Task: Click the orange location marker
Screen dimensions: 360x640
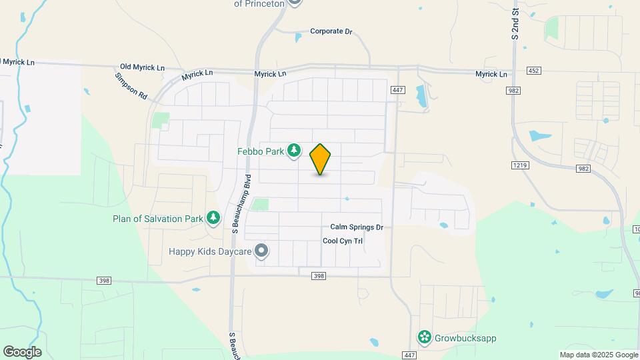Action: coord(321,159)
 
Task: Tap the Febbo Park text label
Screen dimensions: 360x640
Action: coord(261,151)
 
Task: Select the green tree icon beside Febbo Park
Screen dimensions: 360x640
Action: coord(294,151)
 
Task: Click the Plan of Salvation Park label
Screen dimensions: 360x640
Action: coord(157,218)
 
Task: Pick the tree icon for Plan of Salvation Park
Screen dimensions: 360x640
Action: coord(213,218)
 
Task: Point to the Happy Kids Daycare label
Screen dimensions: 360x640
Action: coord(209,251)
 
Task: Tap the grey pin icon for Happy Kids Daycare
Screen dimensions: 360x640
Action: coord(262,251)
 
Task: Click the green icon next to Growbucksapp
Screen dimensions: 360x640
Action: coord(423,337)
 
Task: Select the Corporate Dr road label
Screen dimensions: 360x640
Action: coord(331,31)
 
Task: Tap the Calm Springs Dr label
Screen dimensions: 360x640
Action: coord(357,227)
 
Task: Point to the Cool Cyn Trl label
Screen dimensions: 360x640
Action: coord(343,241)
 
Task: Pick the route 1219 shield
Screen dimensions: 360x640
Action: coord(520,165)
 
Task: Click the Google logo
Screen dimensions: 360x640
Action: coord(22,352)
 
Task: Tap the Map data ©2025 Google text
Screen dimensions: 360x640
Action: coord(597,355)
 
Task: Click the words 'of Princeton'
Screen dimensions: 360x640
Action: coord(259,4)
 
